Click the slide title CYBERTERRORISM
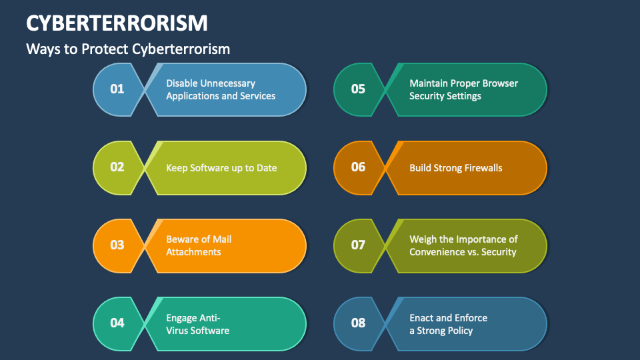click(x=117, y=23)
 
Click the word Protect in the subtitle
click(x=105, y=49)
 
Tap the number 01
click(x=117, y=89)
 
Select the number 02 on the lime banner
click(x=117, y=167)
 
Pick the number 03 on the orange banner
click(x=117, y=245)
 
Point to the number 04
click(x=117, y=323)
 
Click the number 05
click(x=358, y=89)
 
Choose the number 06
click(x=358, y=167)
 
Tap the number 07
click(x=358, y=245)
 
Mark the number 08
click(x=358, y=323)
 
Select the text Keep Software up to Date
click(x=221, y=167)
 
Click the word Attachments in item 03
click(x=193, y=252)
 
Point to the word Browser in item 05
click(x=501, y=83)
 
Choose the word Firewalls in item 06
click(x=479, y=167)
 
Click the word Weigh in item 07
click(x=423, y=239)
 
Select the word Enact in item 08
click(x=422, y=317)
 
